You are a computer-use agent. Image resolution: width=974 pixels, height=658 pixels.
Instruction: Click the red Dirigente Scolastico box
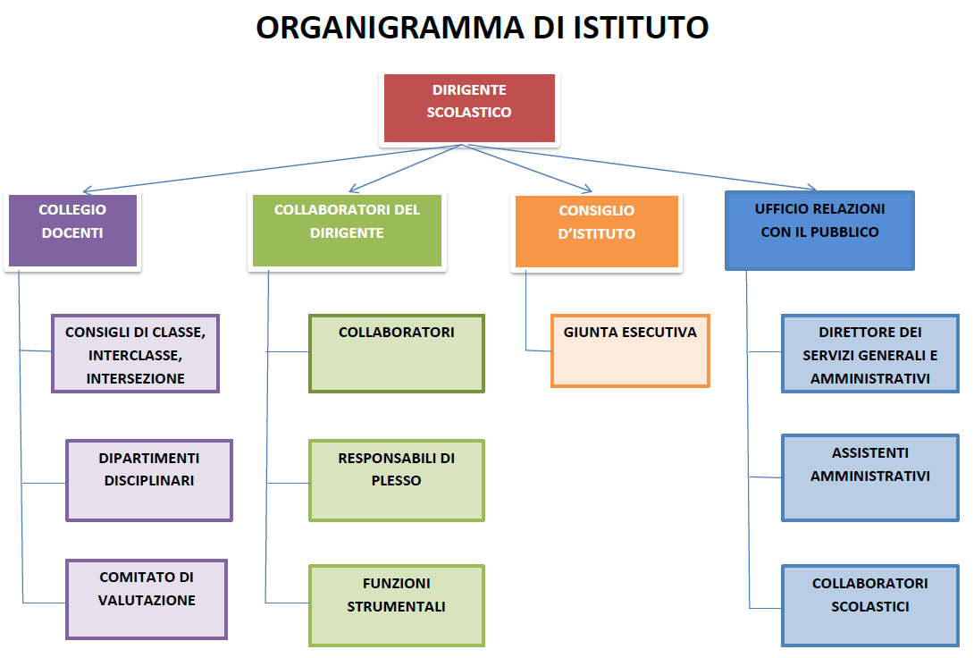[x=469, y=108]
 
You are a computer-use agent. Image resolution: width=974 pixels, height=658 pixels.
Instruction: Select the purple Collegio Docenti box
[x=72, y=231]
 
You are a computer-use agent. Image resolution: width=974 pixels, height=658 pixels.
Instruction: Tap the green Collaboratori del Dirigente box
[x=347, y=231]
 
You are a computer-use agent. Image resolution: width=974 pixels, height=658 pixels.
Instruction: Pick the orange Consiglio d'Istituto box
[x=596, y=232]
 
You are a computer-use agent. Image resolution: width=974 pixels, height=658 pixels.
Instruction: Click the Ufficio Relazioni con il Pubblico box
[x=820, y=231]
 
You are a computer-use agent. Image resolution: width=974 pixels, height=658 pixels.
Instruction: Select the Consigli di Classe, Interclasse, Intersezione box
[x=136, y=353]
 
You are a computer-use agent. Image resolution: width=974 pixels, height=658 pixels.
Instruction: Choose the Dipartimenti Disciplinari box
[x=149, y=480]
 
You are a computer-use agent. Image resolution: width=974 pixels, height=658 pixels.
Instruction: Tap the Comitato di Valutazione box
[x=147, y=600]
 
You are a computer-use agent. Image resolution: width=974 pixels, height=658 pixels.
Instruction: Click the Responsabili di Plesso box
[x=397, y=480]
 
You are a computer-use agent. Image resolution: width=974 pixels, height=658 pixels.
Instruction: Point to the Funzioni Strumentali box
[x=397, y=606]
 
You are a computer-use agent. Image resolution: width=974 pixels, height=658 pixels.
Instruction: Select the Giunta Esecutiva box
[x=630, y=351]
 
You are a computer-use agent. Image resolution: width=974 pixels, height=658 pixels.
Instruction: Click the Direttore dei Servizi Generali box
[x=870, y=353]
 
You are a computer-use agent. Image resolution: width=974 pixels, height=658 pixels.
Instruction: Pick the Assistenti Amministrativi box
[x=870, y=477]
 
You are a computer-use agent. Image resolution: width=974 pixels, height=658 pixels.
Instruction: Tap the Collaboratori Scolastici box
[x=870, y=606]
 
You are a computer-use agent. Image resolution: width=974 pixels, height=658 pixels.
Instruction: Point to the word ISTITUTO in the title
[x=641, y=28]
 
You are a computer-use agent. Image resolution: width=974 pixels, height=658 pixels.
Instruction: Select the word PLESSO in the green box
[x=397, y=481]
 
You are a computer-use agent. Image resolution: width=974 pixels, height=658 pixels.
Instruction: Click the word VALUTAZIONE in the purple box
[x=147, y=600]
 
